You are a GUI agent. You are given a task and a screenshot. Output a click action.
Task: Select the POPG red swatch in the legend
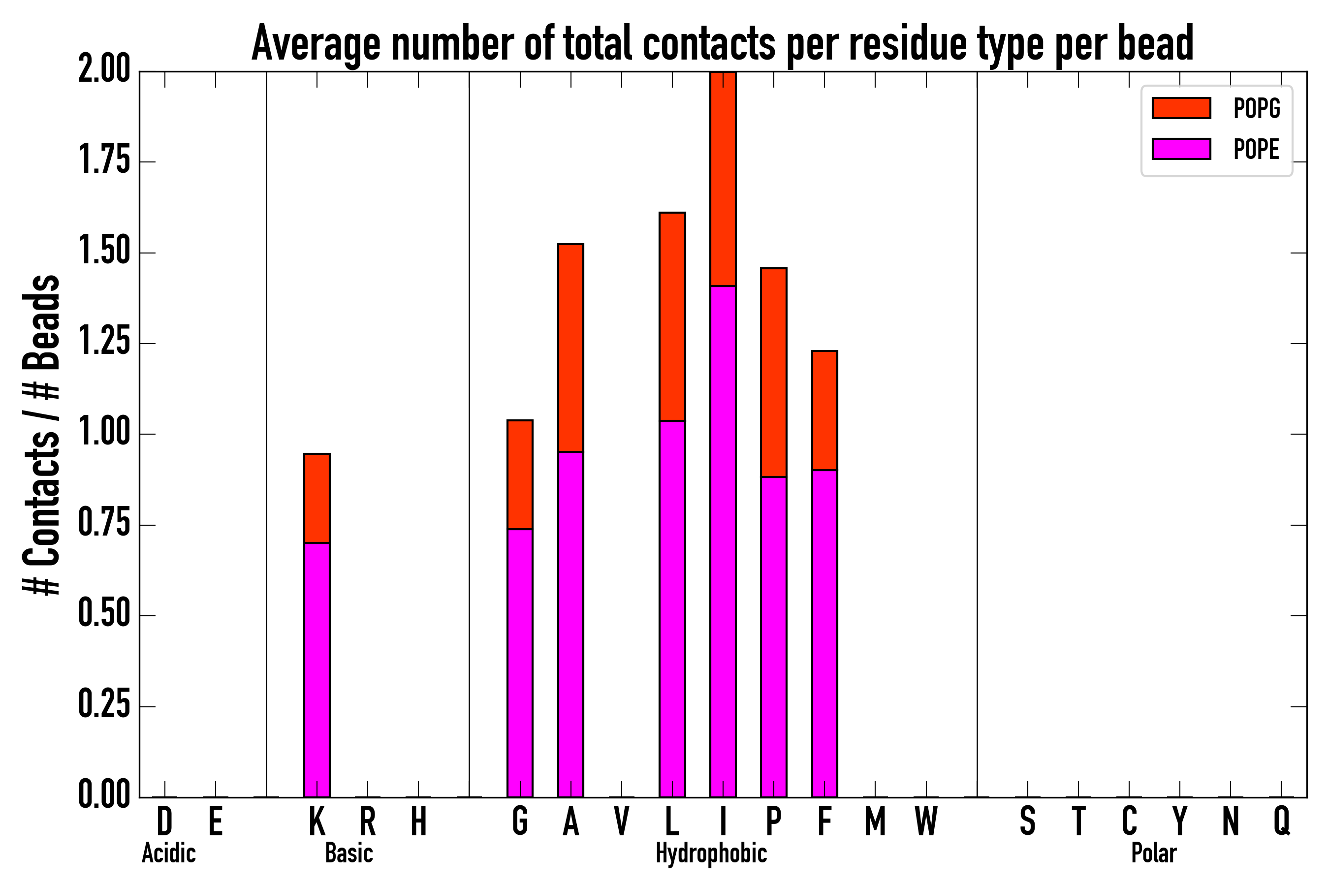[x=1181, y=108]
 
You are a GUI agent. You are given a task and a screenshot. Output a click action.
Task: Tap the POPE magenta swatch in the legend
[x=1181, y=149]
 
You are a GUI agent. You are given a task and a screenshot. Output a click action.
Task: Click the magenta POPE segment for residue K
[x=317, y=669]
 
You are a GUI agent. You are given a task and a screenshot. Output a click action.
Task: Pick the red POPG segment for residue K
[x=317, y=498]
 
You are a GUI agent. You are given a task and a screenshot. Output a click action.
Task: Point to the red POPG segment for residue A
[x=570, y=348]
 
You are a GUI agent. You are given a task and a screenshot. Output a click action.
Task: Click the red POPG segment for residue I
[x=723, y=179]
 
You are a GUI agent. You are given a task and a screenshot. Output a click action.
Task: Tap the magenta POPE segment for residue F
[x=824, y=633]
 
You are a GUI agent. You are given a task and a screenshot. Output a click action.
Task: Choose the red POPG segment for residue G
[x=520, y=475]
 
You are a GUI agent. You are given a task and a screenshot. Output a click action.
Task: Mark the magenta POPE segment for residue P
[x=774, y=637]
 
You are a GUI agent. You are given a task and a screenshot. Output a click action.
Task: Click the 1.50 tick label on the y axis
[x=104, y=253]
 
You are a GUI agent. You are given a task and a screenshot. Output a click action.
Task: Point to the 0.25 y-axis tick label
[x=104, y=706]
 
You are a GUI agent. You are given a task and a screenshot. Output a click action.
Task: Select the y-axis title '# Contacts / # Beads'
[x=42, y=435]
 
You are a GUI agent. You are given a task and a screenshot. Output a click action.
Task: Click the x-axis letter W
[x=926, y=821]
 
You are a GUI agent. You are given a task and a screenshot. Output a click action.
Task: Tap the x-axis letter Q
[x=1282, y=821]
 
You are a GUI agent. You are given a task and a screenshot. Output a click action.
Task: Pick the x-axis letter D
[x=164, y=821]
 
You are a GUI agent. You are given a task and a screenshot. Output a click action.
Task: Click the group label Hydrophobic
[x=711, y=853]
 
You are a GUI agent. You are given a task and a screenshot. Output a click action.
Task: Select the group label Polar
[x=1154, y=853]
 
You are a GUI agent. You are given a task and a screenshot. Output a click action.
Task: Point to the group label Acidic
[x=169, y=853]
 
